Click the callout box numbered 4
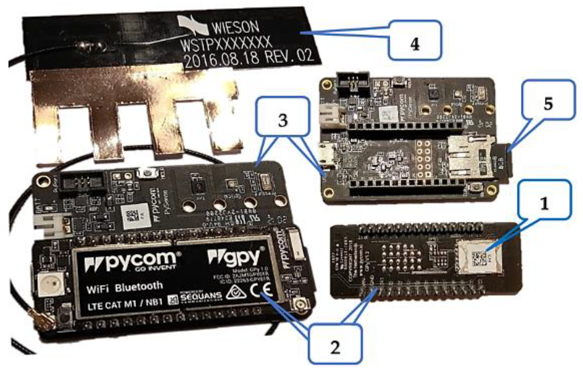coord(415,40)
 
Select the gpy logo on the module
coord(236,257)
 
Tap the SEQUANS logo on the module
coord(201,296)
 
